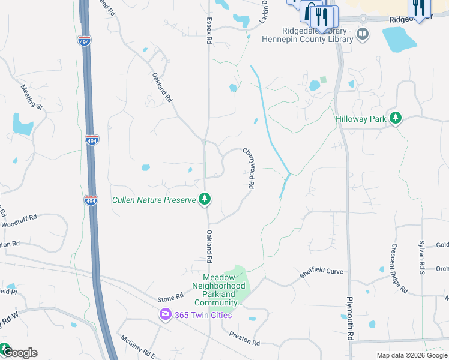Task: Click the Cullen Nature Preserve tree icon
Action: pyautogui.click(x=205, y=199)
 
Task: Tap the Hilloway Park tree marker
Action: pyautogui.click(x=395, y=119)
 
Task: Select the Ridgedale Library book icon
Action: pyautogui.click(x=362, y=34)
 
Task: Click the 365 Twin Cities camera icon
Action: pyautogui.click(x=165, y=314)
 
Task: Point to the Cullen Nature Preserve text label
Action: pyautogui.click(x=154, y=199)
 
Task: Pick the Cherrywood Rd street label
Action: pyautogui.click(x=249, y=169)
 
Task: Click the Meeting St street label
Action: pyautogui.click(x=32, y=96)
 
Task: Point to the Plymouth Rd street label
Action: pyautogui.click(x=350, y=319)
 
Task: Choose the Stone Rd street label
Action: pyautogui.click(x=170, y=298)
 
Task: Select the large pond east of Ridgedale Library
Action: pyautogui.click(x=399, y=40)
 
